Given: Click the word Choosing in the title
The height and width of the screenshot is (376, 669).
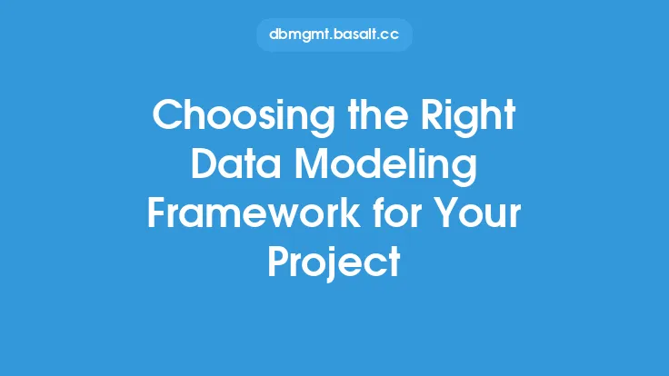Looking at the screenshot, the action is coord(244,116).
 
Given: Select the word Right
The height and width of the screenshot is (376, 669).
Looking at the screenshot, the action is coord(468,116).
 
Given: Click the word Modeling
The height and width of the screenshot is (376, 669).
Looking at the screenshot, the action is coord(385,166).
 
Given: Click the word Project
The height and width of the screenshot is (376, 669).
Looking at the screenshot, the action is coord(334,263).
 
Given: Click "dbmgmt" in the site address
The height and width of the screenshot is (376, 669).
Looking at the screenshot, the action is coord(299,35).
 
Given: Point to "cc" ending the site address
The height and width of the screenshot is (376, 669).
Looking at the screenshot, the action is coord(390,35).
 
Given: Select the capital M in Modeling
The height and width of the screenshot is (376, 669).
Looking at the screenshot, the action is coord(313,163).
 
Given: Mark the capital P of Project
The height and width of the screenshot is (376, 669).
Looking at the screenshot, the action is coord(278,262).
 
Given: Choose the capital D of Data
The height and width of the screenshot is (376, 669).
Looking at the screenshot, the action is coord(205,163).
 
